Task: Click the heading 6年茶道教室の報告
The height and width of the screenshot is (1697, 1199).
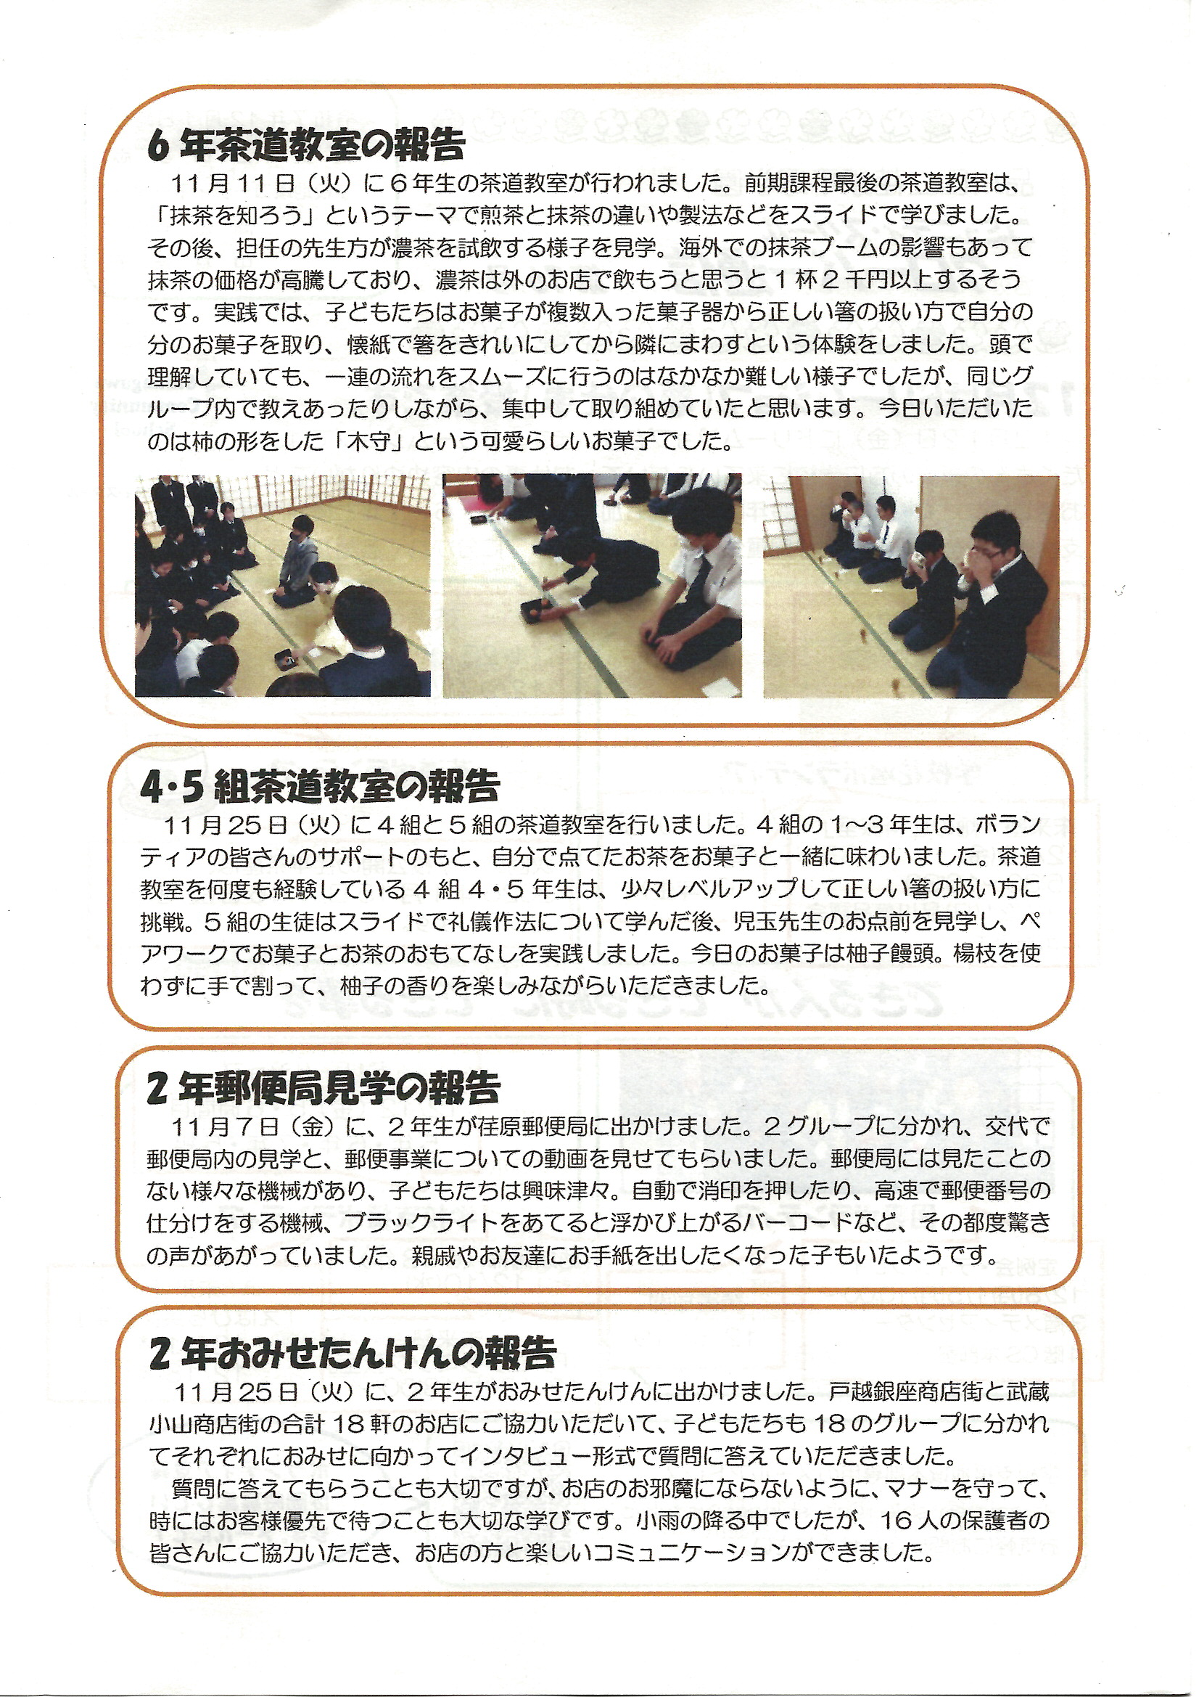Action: tap(307, 144)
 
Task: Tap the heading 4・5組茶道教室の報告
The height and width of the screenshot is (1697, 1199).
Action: tap(320, 785)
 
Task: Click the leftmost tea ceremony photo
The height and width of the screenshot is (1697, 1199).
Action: tap(283, 585)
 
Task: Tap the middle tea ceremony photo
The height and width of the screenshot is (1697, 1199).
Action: tap(592, 585)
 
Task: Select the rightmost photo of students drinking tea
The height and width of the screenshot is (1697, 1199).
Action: tap(911, 587)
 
